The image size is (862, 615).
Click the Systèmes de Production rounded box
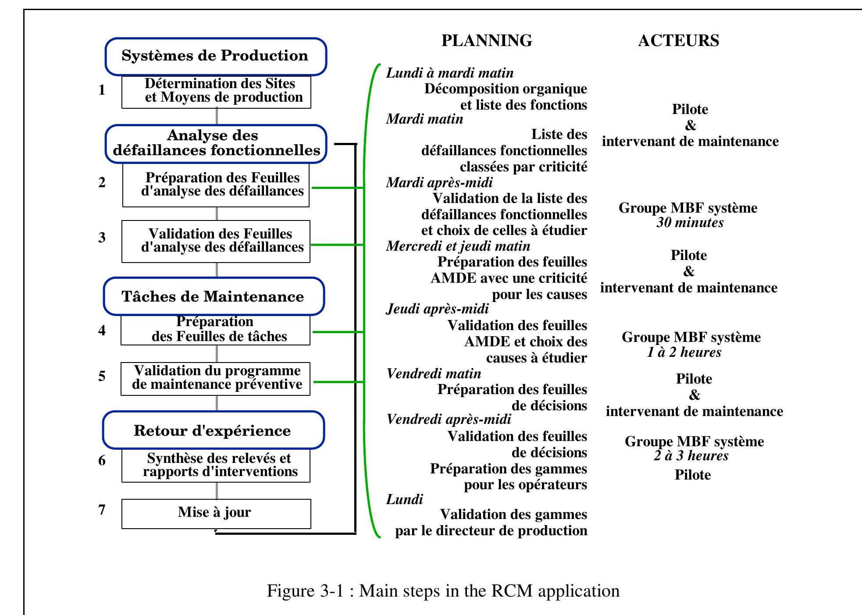215,56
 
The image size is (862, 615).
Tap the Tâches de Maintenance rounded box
213,296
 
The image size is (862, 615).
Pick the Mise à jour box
216,513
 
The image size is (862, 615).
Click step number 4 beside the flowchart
102,330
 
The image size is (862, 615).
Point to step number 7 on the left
102,510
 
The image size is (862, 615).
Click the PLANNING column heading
486,40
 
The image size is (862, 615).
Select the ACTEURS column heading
678,40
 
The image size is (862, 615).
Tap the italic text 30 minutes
690,223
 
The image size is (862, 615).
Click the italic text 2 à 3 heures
691,456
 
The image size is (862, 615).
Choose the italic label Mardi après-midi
439,182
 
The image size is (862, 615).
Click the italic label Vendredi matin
433,373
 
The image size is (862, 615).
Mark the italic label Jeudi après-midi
437,309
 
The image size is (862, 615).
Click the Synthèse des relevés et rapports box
216,465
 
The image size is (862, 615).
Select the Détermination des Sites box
216,91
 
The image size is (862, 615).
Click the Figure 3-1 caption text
443,591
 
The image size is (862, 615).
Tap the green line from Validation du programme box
338,382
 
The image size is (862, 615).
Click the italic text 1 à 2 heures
684,352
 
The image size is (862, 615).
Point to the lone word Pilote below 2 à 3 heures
692,475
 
